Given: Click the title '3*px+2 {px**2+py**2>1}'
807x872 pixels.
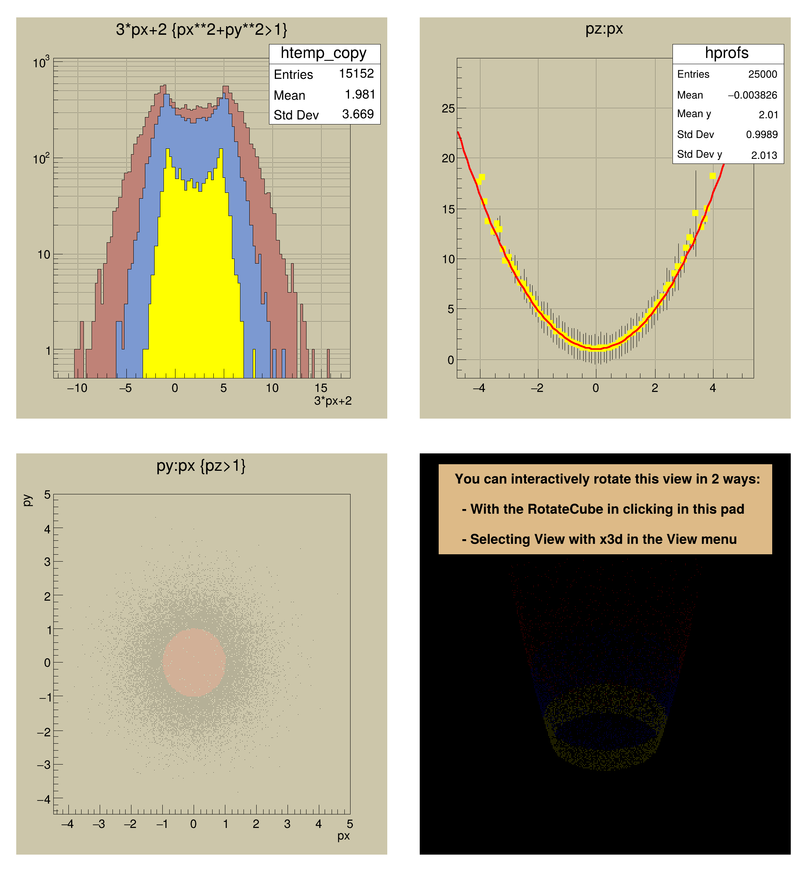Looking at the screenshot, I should click(x=201, y=30).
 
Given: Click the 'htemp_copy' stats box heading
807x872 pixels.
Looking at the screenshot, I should click(x=323, y=53).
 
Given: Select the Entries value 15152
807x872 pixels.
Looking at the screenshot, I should click(x=356, y=73).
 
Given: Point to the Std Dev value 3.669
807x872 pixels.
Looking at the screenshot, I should click(x=358, y=114).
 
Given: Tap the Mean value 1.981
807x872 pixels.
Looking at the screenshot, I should click(x=360, y=94).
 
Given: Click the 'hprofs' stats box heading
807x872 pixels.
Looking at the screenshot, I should click(x=727, y=53).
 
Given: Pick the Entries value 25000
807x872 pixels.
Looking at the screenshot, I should click(x=763, y=74).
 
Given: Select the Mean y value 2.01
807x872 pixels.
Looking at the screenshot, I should click(x=768, y=115).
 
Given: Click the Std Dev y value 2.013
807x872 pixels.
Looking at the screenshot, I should click(x=764, y=155).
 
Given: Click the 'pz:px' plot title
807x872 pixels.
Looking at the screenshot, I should click(x=604, y=29).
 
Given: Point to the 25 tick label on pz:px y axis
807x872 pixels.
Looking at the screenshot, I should click(x=448, y=108).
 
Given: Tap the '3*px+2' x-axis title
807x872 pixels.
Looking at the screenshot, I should click(x=333, y=401).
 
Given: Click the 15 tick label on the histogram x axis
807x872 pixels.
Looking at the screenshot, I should click(x=321, y=388).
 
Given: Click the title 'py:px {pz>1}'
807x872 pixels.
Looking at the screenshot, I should click(x=201, y=466).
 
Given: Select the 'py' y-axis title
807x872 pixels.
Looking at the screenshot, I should click(x=27, y=500).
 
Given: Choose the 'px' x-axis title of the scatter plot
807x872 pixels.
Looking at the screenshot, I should click(x=343, y=836).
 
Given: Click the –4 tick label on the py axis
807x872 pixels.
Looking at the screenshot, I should click(x=44, y=799).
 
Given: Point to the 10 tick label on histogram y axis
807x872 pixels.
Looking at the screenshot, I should click(x=44, y=255).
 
